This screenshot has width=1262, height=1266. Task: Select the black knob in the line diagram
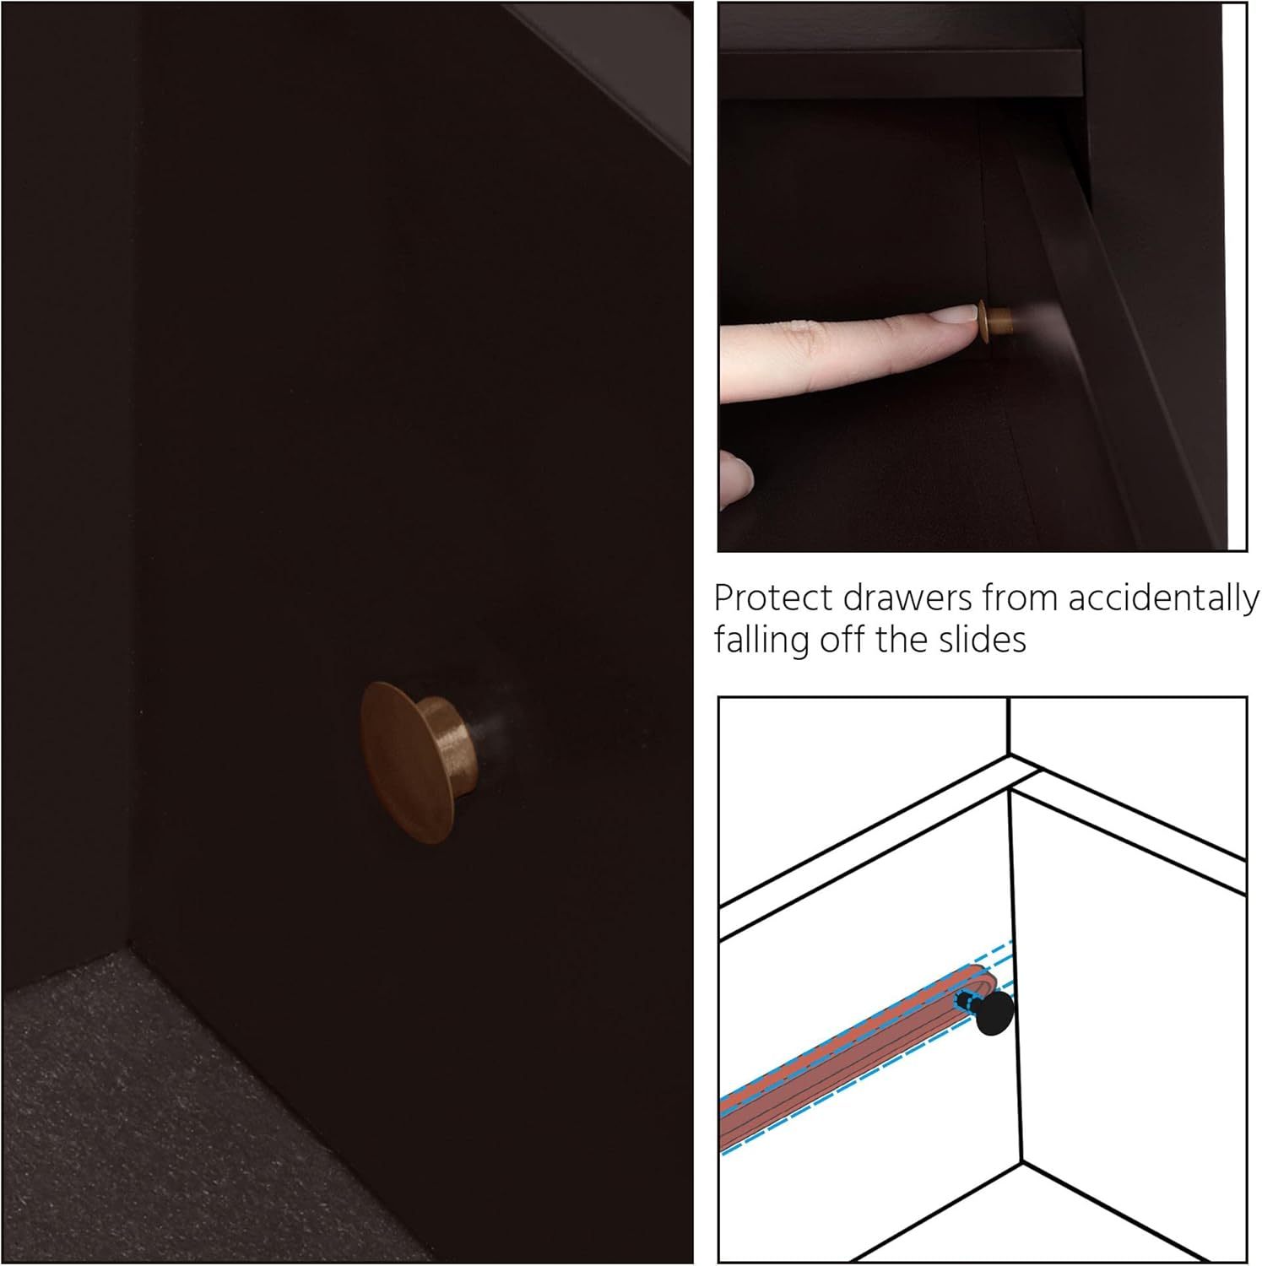993,1012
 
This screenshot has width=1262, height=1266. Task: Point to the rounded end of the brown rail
988,981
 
